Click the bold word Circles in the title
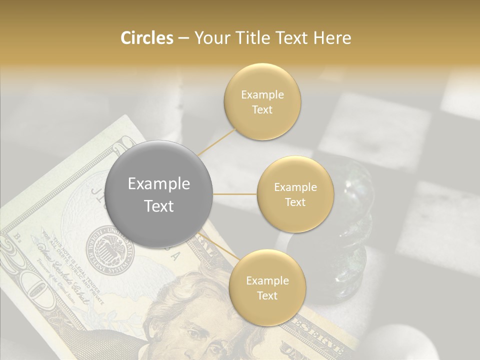click(147, 38)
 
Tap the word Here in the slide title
click(332, 38)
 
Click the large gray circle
click(159, 194)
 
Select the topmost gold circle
click(262, 101)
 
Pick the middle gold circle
click(295, 194)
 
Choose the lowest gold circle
click(267, 288)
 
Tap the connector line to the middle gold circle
click(235, 194)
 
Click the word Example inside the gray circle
click(159, 184)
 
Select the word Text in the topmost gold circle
click(262, 110)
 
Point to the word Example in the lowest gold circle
click(267, 280)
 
